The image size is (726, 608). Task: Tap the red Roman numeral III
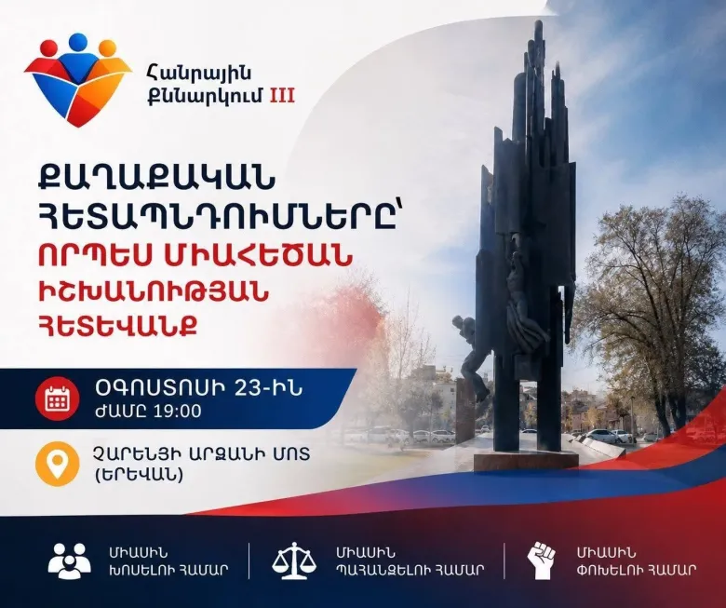pyautogui.click(x=282, y=96)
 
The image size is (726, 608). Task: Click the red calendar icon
pyautogui.click(x=58, y=399)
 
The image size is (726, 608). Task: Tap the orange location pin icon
pyautogui.click(x=58, y=464)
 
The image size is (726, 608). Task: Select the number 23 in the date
pyautogui.click(x=248, y=388)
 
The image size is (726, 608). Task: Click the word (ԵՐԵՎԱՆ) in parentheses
pyautogui.click(x=138, y=475)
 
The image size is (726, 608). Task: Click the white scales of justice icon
pyautogui.click(x=294, y=561)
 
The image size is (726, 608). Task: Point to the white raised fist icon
pyautogui.click(x=542, y=561)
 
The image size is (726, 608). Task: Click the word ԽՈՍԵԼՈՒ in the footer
pyautogui.click(x=140, y=569)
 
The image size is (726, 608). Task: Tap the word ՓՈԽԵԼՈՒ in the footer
pyautogui.click(x=607, y=569)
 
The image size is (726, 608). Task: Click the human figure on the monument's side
pyautogui.click(x=470, y=357)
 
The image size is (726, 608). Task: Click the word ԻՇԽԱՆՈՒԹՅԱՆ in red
pyautogui.click(x=154, y=291)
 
